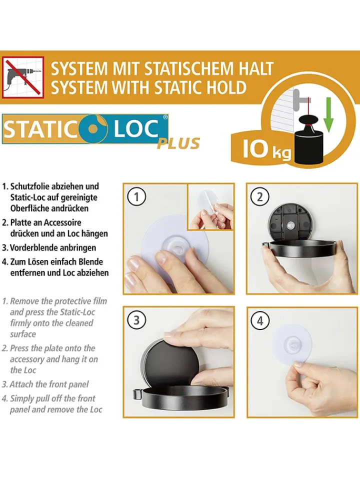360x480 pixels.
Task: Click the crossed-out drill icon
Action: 23,77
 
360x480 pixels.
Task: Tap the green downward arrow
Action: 328,115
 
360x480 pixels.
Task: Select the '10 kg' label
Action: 266,149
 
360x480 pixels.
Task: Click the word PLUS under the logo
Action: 178,143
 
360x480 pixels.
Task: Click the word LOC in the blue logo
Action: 136,128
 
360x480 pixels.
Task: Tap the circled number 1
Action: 136,196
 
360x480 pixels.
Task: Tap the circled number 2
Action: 259,196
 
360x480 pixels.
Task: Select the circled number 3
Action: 136,320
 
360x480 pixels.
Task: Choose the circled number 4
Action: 259,320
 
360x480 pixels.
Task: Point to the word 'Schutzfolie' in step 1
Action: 31,186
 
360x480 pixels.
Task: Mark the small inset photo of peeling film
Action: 210,206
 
